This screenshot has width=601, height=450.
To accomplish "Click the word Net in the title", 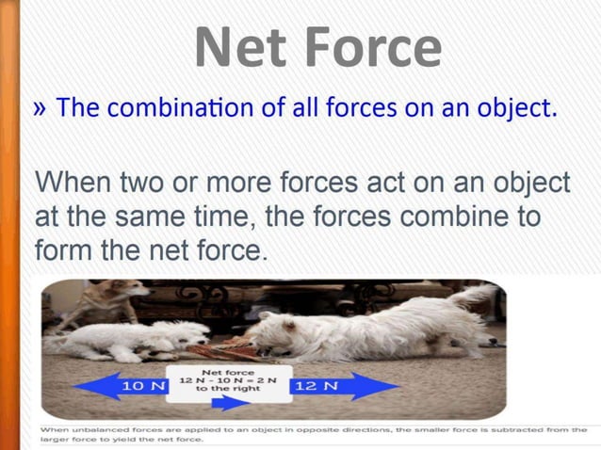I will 239,47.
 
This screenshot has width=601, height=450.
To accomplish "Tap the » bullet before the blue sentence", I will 41,107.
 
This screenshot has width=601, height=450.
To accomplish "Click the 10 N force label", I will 144,386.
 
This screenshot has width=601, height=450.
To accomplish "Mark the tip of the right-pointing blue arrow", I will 403,386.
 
